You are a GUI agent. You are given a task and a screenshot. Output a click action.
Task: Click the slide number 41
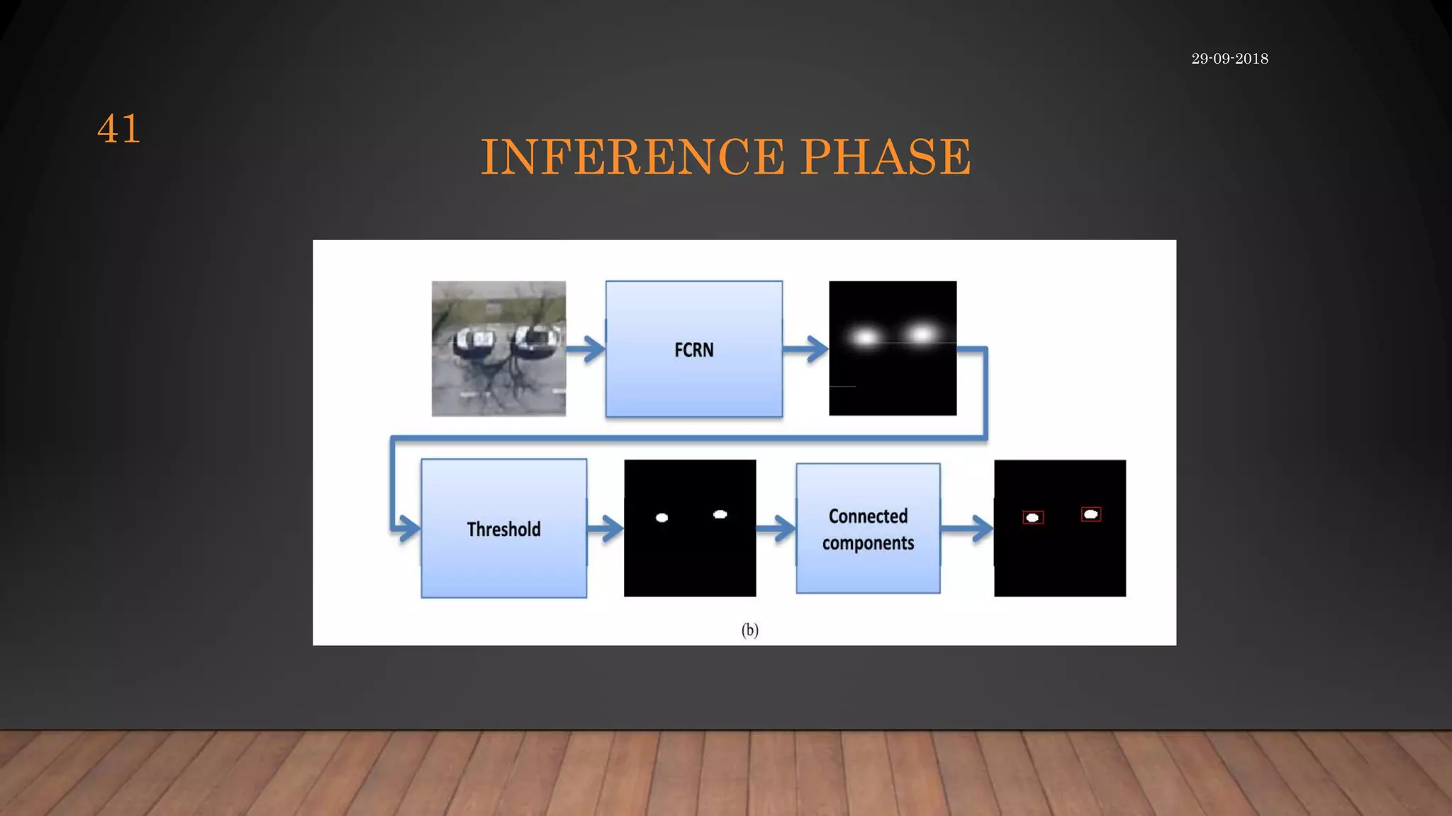point(118,129)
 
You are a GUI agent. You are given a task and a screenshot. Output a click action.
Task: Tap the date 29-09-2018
point(1229,59)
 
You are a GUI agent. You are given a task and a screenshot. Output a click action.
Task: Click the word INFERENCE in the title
point(632,157)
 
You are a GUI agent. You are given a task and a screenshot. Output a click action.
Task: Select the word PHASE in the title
point(886,157)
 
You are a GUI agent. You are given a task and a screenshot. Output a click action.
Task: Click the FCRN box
point(693,349)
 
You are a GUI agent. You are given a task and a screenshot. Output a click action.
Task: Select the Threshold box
point(503,528)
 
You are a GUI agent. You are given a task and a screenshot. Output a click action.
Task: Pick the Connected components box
point(868,528)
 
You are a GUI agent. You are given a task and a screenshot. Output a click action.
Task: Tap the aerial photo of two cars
point(498,348)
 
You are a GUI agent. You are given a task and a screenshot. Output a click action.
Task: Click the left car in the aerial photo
point(474,342)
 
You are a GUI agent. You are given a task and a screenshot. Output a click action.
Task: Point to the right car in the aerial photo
point(535,339)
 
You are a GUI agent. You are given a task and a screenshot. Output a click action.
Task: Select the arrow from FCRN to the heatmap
point(806,348)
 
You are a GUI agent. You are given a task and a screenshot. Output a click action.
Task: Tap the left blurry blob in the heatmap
point(866,337)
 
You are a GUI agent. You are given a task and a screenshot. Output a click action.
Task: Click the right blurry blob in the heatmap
point(922,334)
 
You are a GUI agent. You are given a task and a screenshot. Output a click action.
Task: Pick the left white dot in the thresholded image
point(661,518)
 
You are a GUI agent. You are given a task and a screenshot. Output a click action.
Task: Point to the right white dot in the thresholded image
point(720,514)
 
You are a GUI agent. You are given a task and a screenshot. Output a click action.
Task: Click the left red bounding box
point(1033,518)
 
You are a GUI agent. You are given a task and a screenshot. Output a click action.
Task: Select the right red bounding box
point(1091,514)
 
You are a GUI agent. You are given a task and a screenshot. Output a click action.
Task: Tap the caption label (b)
point(749,630)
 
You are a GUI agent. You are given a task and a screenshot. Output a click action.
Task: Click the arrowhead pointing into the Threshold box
point(407,528)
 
